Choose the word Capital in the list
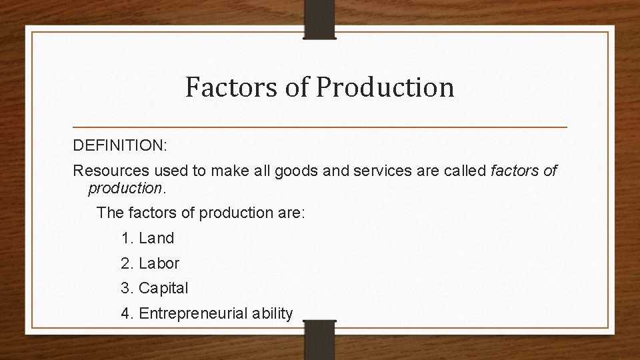[x=163, y=289]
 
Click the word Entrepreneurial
[x=194, y=313]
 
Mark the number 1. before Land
[x=127, y=238]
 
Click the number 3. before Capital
[x=127, y=289]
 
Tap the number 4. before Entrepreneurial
[x=127, y=313]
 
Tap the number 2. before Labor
[x=127, y=263]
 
